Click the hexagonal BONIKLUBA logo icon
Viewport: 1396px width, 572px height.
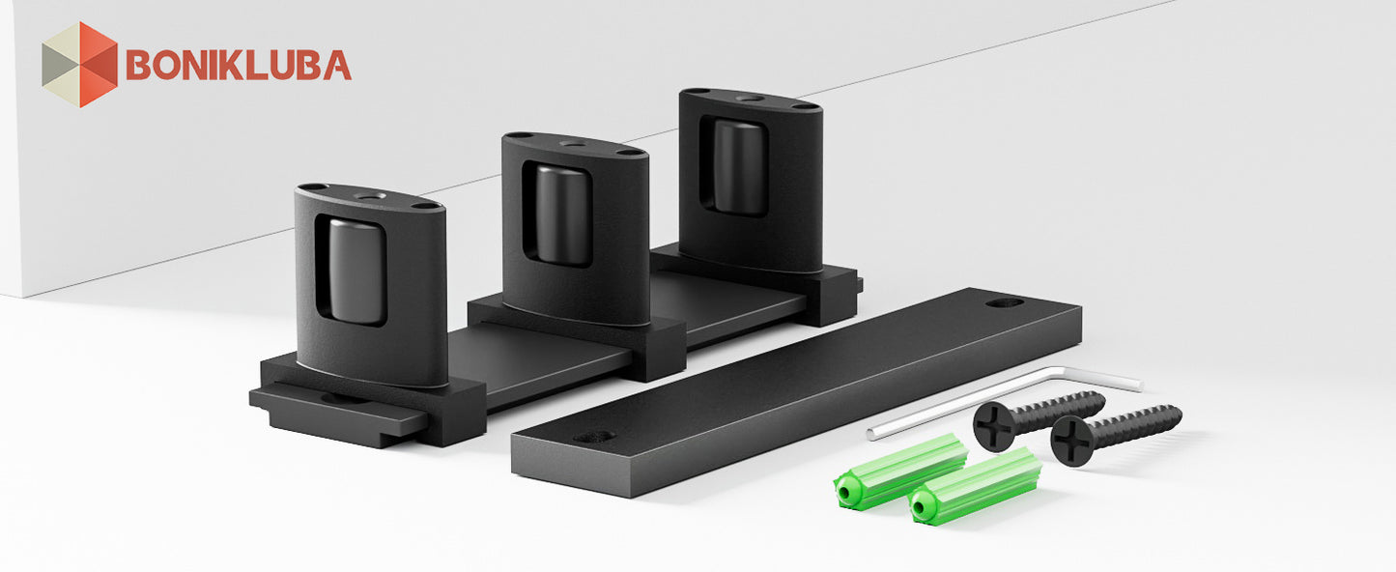(x=80, y=65)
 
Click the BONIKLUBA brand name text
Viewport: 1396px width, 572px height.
(x=239, y=65)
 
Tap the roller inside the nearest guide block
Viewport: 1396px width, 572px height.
(x=355, y=272)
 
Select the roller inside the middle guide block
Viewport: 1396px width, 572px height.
(x=563, y=214)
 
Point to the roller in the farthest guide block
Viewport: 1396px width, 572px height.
(x=740, y=167)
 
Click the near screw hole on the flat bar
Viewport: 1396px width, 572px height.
(x=594, y=437)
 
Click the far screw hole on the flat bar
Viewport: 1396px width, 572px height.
(x=1004, y=303)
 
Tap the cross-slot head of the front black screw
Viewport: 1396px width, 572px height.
(x=1075, y=441)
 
